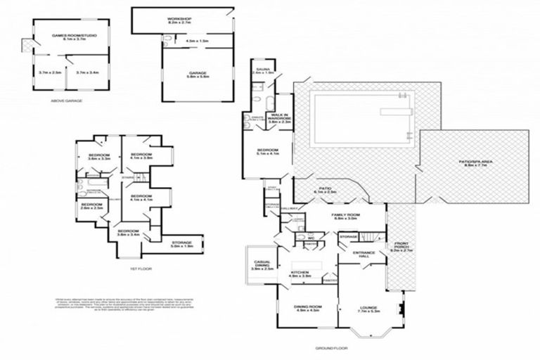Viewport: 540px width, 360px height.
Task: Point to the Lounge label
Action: pyautogui.click(x=369, y=309)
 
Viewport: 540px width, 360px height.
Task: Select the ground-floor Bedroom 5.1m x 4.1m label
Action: pyautogui.click(x=267, y=151)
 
